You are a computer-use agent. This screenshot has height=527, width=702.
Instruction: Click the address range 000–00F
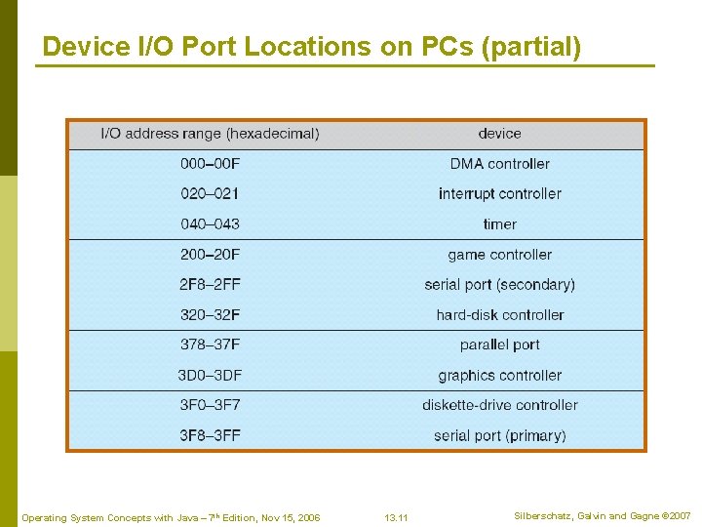pyautogui.click(x=210, y=164)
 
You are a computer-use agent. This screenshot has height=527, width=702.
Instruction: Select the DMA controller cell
pyautogui.click(x=499, y=164)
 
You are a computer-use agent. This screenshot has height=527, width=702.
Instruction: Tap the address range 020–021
pyautogui.click(x=210, y=194)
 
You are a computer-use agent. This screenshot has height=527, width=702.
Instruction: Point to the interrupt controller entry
pyautogui.click(x=499, y=194)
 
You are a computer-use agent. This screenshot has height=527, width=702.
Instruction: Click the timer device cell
pyautogui.click(x=499, y=224)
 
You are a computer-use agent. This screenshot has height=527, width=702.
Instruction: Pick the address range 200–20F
pyautogui.click(x=210, y=255)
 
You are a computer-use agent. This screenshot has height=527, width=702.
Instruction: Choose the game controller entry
pyautogui.click(x=499, y=255)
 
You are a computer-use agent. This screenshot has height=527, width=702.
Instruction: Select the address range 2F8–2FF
pyautogui.click(x=210, y=285)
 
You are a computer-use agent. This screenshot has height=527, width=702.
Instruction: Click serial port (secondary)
pyautogui.click(x=499, y=285)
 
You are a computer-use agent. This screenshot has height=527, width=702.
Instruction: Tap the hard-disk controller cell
pyautogui.click(x=499, y=315)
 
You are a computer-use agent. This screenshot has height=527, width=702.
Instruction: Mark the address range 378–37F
pyautogui.click(x=210, y=345)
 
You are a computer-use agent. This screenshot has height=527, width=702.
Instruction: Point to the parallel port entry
pyautogui.click(x=499, y=345)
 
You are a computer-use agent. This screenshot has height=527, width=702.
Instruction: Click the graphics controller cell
pyautogui.click(x=499, y=376)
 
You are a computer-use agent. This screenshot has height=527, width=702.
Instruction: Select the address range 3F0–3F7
pyautogui.click(x=210, y=405)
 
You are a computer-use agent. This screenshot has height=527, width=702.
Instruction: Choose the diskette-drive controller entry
pyautogui.click(x=499, y=405)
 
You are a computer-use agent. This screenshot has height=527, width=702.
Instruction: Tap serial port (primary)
pyautogui.click(x=499, y=435)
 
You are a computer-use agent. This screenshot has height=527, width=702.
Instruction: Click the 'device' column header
pyautogui.click(x=499, y=134)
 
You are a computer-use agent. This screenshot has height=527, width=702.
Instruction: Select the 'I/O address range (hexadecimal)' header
pyautogui.click(x=210, y=134)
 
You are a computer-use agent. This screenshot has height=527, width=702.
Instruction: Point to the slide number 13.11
pyautogui.click(x=396, y=517)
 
